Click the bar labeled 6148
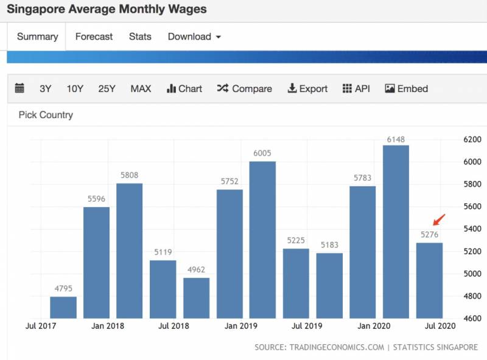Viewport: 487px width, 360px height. pyautogui.click(x=396, y=231)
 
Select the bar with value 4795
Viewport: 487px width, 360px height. pyautogui.click(x=63, y=307)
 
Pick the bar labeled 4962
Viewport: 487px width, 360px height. pyautogui.click(x=196, y=298)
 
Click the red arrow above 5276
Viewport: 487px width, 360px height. pyautogui.click(x=439, y=219)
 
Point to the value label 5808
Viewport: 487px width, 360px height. pyautogui.click(x=130, y=175)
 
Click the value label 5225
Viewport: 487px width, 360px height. pyautogui.click(x=296, y=241)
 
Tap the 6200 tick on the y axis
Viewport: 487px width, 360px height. pyautogui.click(x=472, y=139)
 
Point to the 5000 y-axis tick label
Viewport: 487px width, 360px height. pyautogui.click(x=472, y=274)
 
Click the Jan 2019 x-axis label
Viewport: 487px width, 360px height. pyautogui.click(x=240, y=326)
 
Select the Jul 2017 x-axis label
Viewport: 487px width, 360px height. pyautogui.click(x=41, y=326)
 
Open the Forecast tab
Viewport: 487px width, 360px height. pyautogui.click(x=94, y=37)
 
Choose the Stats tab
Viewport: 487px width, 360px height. pyautogui.click(x=140, y=37)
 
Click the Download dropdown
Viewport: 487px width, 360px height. pyautogui.click(x=194, y=37)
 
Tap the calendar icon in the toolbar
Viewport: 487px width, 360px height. pyautogui.click(x=19, y=88)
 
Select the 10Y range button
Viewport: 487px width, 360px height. pyautogui.click(x=75, y=89)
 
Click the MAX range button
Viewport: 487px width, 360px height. pyautogui.click(x=141, y=89)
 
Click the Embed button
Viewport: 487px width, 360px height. pyautogui.click(x=407, y=89)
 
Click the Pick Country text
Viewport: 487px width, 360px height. pyautogui.click(x=46, y=115)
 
